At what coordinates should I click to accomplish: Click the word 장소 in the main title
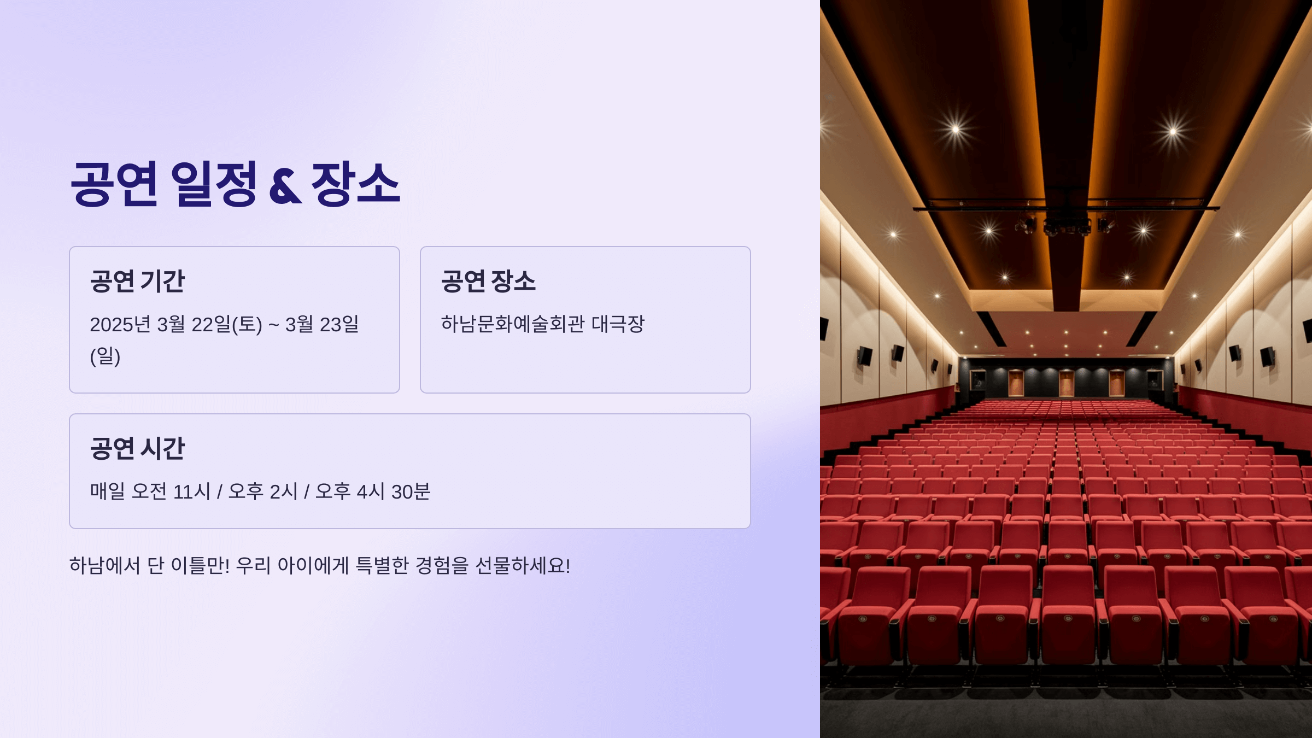point(355,184)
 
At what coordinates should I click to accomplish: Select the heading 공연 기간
point(137,281)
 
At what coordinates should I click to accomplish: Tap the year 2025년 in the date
point(120,324)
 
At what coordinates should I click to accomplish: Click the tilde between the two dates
point(274,325)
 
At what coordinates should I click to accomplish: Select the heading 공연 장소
point(488,281)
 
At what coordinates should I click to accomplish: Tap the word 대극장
point(618,324)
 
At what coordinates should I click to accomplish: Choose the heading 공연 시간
point(137,448)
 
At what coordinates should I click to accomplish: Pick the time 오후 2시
point(262,491)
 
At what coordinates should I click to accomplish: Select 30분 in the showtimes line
point(411,491)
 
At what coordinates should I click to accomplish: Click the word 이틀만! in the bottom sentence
point(200,565)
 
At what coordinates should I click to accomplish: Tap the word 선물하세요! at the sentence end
point(523,565)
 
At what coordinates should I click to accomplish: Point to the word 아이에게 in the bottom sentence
point(313,565)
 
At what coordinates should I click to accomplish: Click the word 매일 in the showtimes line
point(107,491)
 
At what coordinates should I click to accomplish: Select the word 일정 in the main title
point(213,184)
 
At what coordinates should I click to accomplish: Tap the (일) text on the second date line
point(105,356)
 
